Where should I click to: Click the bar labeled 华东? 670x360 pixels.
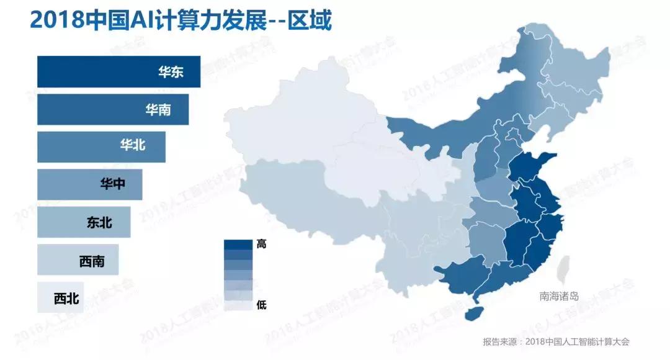pyautogui.click(x=118, y=72)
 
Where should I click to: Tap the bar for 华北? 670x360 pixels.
pyautogui.click(x=101, y=146)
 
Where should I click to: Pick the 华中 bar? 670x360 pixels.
pyautogui.click(x=89, y=184)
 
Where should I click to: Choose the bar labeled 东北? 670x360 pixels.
pyautogui.click(x=84, y=222)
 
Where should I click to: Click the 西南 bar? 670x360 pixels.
pyautogui.click(x=78, y=260)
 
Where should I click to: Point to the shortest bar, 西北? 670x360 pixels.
pyautogui.click(x=60, y=298)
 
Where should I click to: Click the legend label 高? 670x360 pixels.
pyautogui.click(x=261, y=244)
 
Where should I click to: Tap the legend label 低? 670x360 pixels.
pyautogui.click(x=261, y=305)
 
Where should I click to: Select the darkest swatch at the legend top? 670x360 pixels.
pyautogui.click(x=238, y=245)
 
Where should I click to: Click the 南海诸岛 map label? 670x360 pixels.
pyautogui.click(x=559, y=297)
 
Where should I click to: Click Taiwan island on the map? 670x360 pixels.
pyautogui.click(x=563, y=269)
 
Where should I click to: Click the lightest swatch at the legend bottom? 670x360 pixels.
pyautogui.click(x=238, y=305)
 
